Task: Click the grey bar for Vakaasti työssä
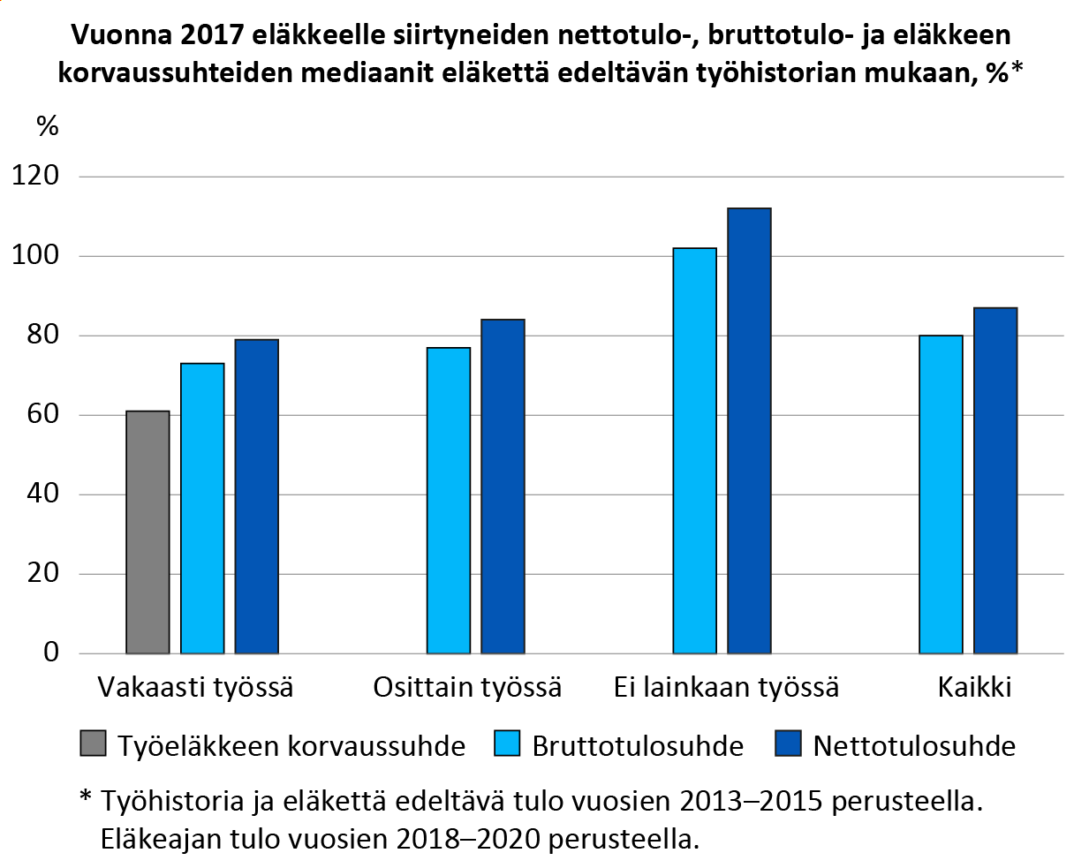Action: pyautogui.click(x=147, y=532)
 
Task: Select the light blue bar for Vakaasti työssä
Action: pyautogui.click(x=202, y=509)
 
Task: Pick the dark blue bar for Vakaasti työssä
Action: pyautogui.click(x=256, y=496)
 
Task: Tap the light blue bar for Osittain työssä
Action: pyautogui.click(x=449, y=501)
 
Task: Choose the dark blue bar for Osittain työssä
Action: pyautogui.click(x=503, y=487)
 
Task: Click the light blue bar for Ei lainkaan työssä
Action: pyautogui.click(x=694, y=450)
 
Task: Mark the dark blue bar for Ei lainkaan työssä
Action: pyautogui.click(x=749, y=431)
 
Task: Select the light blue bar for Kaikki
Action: pyautogui.click(x=941, y=494)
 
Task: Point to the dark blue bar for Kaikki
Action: pyautogui.click(x=995, y=480)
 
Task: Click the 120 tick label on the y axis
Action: pyautogui.click(x=35, y=176)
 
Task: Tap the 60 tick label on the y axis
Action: pyautogui.click(x=42, y=414)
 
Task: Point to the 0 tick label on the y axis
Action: pyautogui.click(x=51, y=653)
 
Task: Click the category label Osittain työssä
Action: pyautogui.click(x=467, y=688)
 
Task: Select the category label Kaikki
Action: pyautogui.click(x=974, y=688)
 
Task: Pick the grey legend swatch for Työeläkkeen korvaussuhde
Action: pyautogui.click(x=93, y=744)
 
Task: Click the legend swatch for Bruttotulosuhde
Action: pyautogui.click(x=507, y=744)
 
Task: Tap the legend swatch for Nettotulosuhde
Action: pyautogui.click(x=788, y=744)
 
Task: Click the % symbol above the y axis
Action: pyautogui.click(x=47, y=126)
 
